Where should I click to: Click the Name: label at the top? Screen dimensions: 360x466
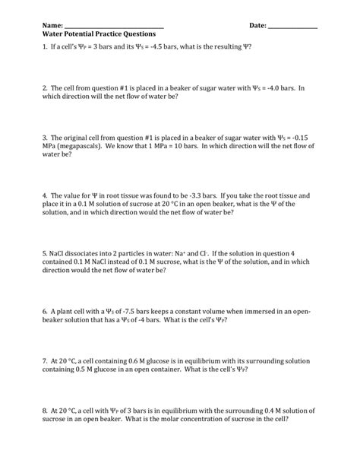click(x=53, y=26)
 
